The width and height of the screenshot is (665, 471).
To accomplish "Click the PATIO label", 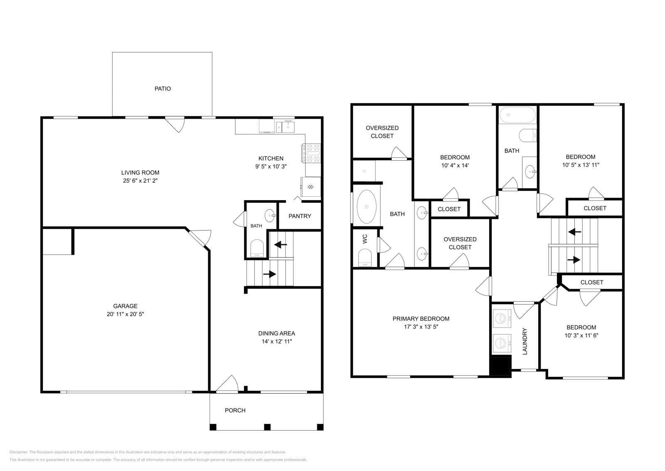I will [163, 89].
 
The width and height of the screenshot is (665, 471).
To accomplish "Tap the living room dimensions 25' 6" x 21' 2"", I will [140, 181].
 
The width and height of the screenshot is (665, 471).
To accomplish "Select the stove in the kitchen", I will [312, 153].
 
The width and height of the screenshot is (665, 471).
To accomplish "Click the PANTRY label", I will [300, 216].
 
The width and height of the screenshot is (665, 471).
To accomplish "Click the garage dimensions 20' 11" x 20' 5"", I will [125, 314].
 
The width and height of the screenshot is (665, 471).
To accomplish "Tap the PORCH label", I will [235, 410].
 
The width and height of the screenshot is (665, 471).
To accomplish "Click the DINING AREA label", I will [276, 333].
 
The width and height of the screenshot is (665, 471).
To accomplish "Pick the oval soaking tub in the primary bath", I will [367, 206].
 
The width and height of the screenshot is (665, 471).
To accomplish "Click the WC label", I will [365, 238].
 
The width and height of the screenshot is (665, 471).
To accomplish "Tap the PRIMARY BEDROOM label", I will [421, 319].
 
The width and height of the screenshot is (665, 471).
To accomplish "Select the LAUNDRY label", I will [525, 341].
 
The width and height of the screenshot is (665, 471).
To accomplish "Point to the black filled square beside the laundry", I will [500, 367].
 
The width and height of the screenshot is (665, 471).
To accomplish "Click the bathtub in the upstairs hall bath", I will [517, 115].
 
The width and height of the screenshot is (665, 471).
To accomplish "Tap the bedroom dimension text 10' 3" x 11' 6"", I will [581, 335].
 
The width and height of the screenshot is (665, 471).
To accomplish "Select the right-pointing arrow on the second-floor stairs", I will [574, 260].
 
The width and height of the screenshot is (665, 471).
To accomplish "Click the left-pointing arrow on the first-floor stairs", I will [281, 245].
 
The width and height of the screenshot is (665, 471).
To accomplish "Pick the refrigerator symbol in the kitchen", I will [310, 187].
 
